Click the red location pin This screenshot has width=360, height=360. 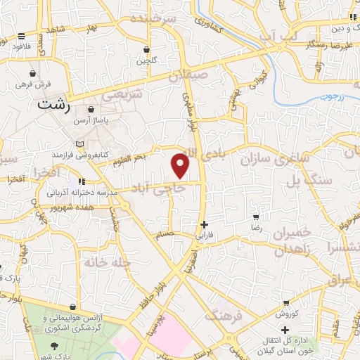pos(181,166)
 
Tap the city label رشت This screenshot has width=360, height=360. pos(55,105)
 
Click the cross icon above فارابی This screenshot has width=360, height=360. pos(205,226)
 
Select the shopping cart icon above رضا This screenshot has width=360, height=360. pos(257,218)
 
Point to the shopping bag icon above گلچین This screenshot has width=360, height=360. pos(146,51)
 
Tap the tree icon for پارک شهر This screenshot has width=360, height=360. pos(56,347)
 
